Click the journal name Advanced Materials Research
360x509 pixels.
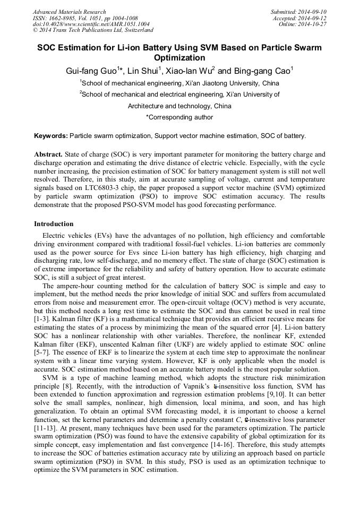[69, 12]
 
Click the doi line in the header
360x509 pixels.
[91, 24]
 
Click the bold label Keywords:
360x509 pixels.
[51, 136]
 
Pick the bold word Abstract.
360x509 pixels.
[48, 154]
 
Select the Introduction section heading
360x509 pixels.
[54, 224]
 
